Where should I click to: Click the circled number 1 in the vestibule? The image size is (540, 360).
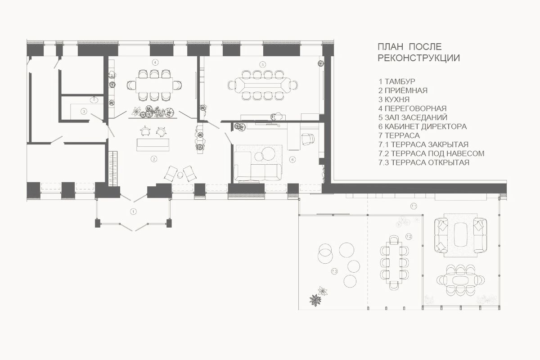point(133,211)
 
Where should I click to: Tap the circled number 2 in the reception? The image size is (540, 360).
point(154,159)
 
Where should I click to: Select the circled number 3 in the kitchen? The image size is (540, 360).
point(84,112)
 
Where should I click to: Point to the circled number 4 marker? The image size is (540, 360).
point(155,63)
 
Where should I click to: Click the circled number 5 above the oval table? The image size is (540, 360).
point(262,64)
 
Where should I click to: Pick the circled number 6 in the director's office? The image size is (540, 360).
point(292,159)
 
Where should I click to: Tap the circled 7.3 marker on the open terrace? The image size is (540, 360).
point(334,271)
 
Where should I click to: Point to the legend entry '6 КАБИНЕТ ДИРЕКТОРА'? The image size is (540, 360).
point(423,126)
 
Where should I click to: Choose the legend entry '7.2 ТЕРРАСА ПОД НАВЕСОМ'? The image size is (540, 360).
point(431,153)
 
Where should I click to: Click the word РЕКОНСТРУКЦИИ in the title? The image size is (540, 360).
point(419,58)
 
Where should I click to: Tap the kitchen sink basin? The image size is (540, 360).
point(94,99)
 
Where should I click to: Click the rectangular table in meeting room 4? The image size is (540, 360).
point(154,85)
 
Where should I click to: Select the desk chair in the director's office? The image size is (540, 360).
point(308,139)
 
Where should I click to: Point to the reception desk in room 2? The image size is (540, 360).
point(153,145)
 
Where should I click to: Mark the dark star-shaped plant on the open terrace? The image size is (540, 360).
point(315,300)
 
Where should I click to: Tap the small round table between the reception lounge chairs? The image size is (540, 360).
point(180,175)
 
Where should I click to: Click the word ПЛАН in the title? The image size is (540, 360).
point(391,47)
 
